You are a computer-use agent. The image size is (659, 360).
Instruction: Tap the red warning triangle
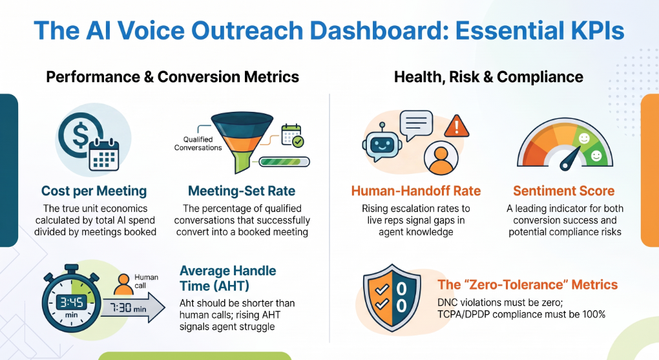pyautogui.click(x=456, y=126)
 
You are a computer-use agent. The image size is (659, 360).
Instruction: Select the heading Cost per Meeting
pyautogui.click(x=94, y=191)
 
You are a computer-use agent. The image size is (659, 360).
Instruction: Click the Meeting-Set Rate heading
pyautogui.click(x=242, y=191)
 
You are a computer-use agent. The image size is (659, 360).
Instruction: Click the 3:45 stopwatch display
pyautogui.click(x=72, y=302)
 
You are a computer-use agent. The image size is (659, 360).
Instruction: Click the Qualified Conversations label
pyautogui.click(x=198, y=143)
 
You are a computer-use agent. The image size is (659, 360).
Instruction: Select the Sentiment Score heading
pyautogui.click(x=563, y=191)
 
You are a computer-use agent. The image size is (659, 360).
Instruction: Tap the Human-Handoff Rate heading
pyautogui.click(x=415, y=191)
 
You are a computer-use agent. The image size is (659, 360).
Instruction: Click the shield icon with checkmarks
pyautogui.click(x=392, y=298)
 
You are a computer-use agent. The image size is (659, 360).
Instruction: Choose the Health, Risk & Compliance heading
pyautogui.click(x=488, y=77)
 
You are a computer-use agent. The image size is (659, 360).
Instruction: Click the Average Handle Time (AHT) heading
pyautogui.click(x=228, y=279)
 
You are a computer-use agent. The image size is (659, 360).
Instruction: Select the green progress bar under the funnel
pyautogui.click(x=284, y=162)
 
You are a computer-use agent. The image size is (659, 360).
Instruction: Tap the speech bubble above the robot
pyautogui.click(x=416, y=125)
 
